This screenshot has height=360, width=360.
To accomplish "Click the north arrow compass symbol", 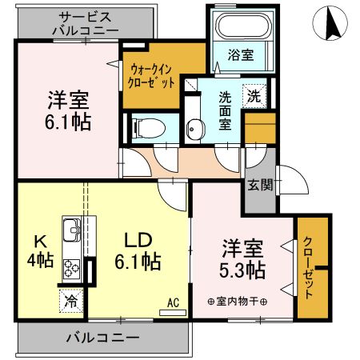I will point(330,24).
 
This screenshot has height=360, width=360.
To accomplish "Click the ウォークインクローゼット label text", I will point(150,76).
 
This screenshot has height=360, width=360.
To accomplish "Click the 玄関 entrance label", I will point(260,183).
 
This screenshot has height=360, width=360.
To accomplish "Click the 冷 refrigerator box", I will point(71,302).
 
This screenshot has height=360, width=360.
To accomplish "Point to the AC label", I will point(171,303).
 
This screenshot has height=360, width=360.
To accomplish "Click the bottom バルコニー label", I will point(102,338).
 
